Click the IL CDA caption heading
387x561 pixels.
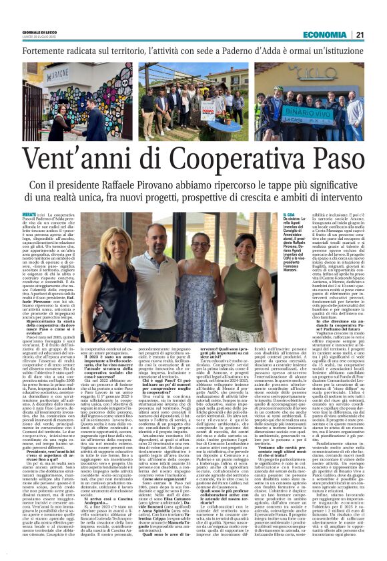288,215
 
